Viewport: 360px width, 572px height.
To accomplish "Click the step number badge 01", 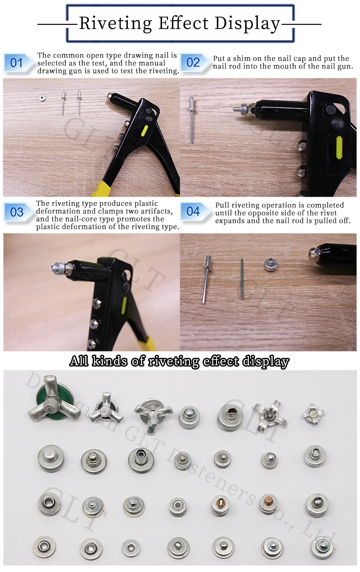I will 16,63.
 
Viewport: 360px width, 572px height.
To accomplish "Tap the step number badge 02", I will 193,63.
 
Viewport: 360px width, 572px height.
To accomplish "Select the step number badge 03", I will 17,212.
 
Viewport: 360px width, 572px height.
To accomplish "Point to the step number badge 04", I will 193,211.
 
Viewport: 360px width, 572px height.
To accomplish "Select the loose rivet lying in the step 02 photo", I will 192,119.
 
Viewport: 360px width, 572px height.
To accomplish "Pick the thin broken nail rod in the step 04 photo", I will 242,279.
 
